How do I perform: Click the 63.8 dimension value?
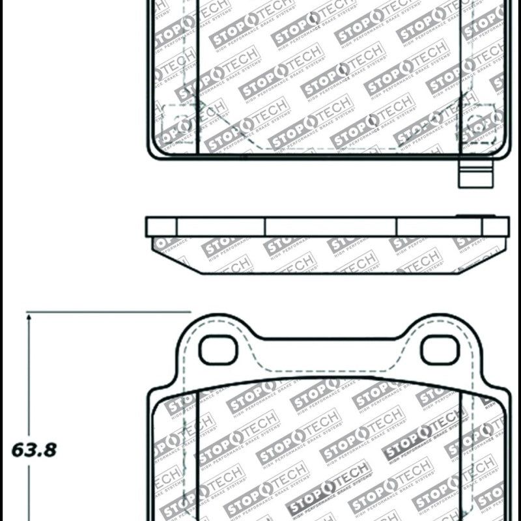[x=31, y=450]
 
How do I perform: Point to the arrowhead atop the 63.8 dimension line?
[x=29, y=317]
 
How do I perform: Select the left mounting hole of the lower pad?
[x=215, y=350]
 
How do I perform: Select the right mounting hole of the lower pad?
[x=440, y=350]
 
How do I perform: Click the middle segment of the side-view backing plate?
[x=331, y=227]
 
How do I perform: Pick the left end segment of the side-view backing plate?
[x=162, y=227]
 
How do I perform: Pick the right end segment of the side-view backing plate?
[x=496, y=227]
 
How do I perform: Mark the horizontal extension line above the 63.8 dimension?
[x=111, y=312]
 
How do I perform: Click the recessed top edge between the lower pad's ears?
[x=329, y=339]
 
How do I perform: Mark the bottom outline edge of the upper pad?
[x=329, y=158]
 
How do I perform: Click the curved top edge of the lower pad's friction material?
[x=329, y=378]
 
